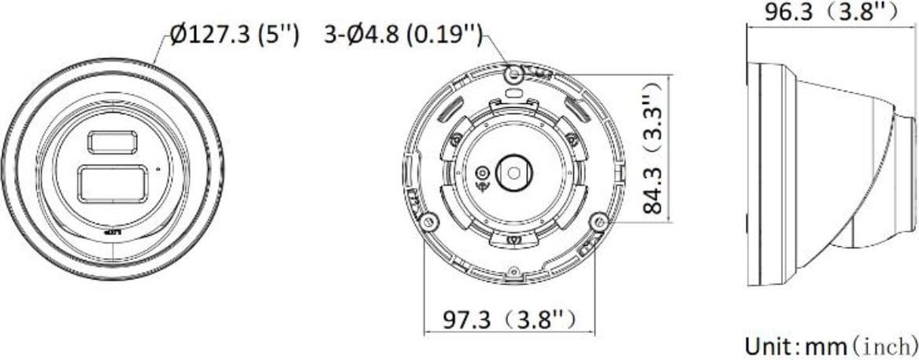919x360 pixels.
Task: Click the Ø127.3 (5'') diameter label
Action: coord(234,36)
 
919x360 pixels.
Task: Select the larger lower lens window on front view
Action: coord(112,182)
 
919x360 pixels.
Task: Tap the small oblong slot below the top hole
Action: coord(513,92)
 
